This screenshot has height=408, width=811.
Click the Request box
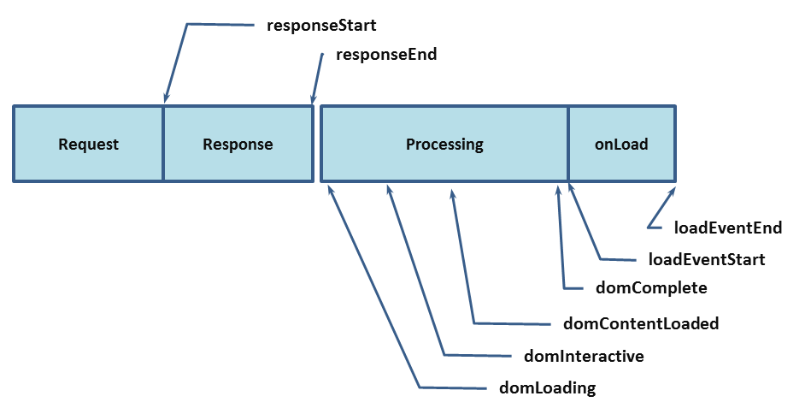pos(88,144)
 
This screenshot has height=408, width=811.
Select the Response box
pos(238,144)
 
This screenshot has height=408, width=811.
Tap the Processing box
pos(444,144)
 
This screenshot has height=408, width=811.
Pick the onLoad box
pos(621,144)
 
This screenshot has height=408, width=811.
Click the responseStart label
pos(321,26)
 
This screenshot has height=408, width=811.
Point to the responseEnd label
pos(386,55)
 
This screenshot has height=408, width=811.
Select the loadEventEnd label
pos(728,228)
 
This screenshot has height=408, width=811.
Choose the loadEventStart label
pos(707,259)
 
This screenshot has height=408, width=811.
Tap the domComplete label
pos(651,288)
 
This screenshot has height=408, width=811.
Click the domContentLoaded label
pos(641,324)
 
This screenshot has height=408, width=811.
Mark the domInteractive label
pos(584,356)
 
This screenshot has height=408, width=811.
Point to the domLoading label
pos(547,388)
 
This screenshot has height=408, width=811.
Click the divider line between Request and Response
pos(163,144)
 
